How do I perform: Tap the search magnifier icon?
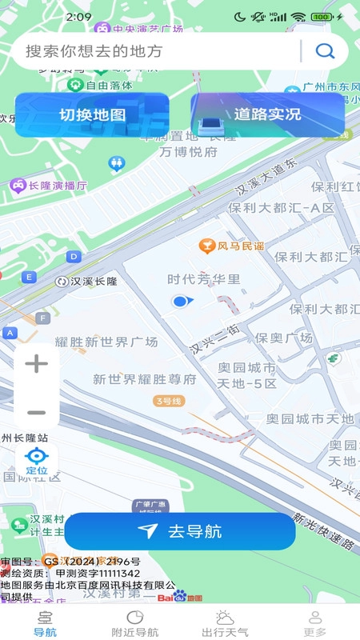pyautogui.click(x=325, y=51)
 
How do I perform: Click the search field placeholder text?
pyautogui.click(x=94, y=51)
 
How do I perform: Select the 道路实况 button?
pyautogui.click(x=267, y=114)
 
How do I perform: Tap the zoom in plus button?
pyautogui.click(x=37, y=364)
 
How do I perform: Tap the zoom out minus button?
pyautogui.click(x=37, y=413)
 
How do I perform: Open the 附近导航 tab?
pyautogui.click(x=134, y=623)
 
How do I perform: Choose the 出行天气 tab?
pyautogui.click(x=224, y=623)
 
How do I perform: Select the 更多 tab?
pyautogui.click(x=315, y=623)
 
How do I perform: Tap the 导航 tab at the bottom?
pyautogui.click(x=45, y=623)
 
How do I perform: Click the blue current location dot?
pyautogui.click(x=181, y=301)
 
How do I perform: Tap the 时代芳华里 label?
pyautogui.click(x=203, y=279)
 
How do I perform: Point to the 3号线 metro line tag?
pyautogui.click(x=169, y=400)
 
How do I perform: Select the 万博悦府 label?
pyautogui.click(x=188, y=152)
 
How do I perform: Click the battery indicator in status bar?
pyautogui.click(x=322, y=17)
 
